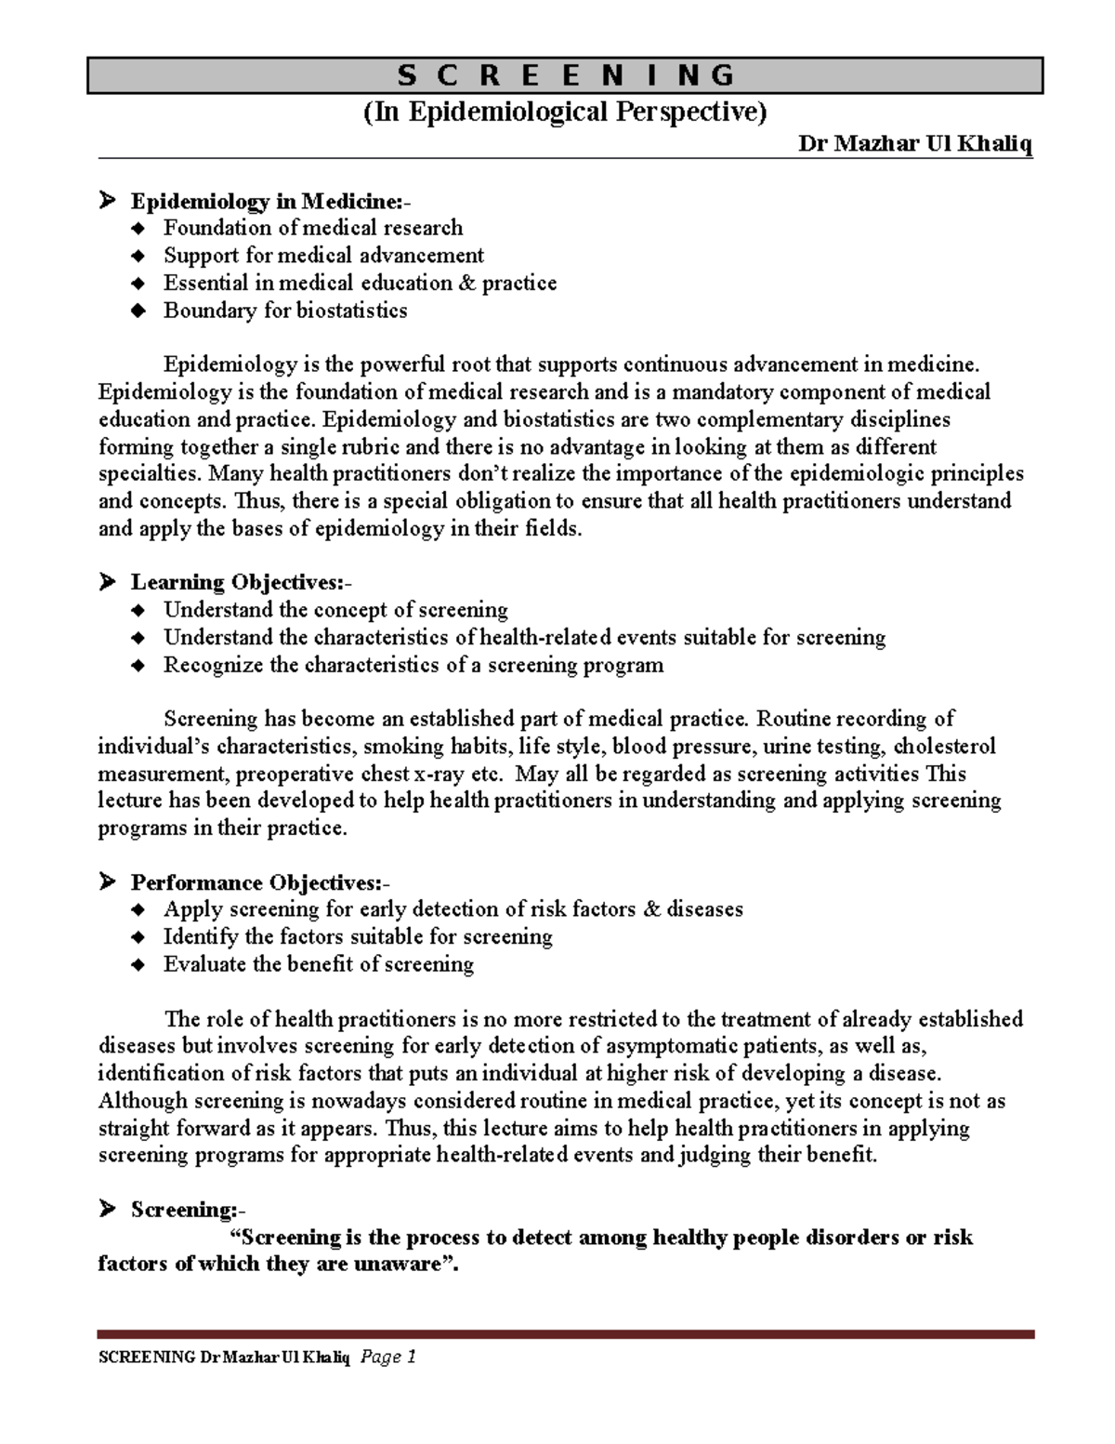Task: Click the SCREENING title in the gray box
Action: (565, 75)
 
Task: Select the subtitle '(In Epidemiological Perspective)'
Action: (565, 113)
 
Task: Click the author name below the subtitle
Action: (915, 145)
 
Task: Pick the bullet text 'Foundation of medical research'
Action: (313, 228)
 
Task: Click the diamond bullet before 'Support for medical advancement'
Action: (138, 257)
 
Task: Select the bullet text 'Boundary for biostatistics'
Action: (285, 311)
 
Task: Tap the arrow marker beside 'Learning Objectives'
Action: (108, 583)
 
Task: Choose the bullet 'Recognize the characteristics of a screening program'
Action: (413, 665)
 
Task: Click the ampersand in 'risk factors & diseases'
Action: (650, 909)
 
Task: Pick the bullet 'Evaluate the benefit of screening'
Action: (319, 964)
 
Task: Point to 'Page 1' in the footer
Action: (387, 1358)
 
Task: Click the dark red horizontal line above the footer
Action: (565, 1333)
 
